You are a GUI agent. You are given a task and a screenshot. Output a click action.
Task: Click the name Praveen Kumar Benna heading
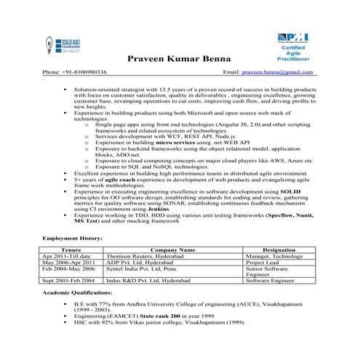point(179,57)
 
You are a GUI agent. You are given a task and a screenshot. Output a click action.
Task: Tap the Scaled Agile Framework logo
point(60,44)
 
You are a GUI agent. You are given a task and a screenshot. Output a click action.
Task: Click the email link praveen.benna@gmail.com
point(281,73)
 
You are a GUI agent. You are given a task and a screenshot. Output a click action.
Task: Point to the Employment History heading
point(72,238)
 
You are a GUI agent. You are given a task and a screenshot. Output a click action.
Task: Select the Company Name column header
point(172,249)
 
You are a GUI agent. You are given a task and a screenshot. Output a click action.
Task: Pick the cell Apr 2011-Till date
point(66,256)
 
